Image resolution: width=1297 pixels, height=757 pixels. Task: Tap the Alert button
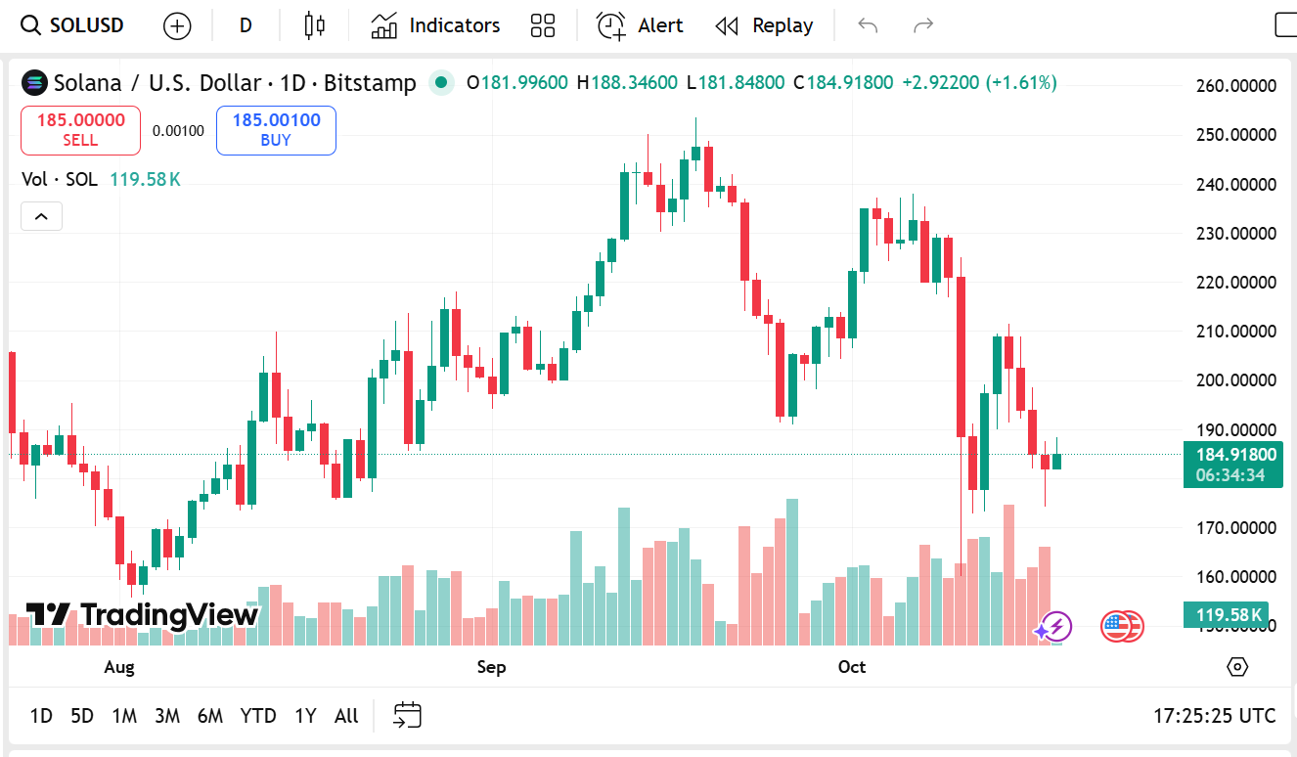pyautogui.click(x=640, y=25)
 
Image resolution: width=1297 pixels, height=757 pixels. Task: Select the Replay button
pyautogui.click(x=764, y=25)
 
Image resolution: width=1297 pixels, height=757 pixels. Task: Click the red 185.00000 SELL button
pyautogui.click(x=80, y=130)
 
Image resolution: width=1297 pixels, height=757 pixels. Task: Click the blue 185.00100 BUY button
pyautogui.click(x=276, y=130)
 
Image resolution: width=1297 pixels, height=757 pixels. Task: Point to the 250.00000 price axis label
pyautogui.click(x=1236, y=135)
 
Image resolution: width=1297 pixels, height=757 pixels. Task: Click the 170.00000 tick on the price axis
pyautogui.click(x=1236, y=528)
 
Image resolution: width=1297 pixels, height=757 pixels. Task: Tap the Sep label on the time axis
pyautogui.click(x=491, y=667)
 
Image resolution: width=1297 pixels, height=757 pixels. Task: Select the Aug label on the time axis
pyautogui.click(x=118, y=667)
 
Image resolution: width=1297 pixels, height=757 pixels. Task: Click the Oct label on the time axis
pyautogui.click(x=852, y=667)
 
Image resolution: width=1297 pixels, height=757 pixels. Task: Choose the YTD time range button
pyautogui.click(x=258, y=716)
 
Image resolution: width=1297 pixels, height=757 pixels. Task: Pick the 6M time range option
pyautogui.click(x=209, y=716)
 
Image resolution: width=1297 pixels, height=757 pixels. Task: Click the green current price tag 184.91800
pyautogui.click(x=1231, y=455)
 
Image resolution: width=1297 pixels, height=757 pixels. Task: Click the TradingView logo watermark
pyautogui.click(x=143, y=615)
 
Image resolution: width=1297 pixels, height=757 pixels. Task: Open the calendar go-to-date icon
pyautogui.click(x=407, y=716)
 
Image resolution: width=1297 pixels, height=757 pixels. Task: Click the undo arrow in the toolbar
pyautogui.click(x=868, y=25)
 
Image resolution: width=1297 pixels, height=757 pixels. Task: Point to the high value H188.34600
pyautogui.click(x=627, y=83)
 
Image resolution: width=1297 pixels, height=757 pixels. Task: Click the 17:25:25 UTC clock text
pyautogui.click(x=1214, y=716)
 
